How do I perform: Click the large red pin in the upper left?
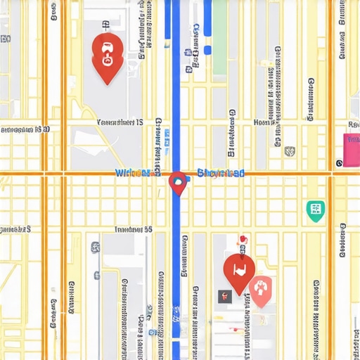click(x=108, y=55)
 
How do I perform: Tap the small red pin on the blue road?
click(x=178, y=182)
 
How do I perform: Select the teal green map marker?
click(x=316, y=210)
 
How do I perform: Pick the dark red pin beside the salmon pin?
click(x=238, y=270)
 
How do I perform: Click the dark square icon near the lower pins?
click(x=224, y=296)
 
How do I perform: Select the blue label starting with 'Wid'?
click(x=136, y=173)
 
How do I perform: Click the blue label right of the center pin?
click(x=221, y=173)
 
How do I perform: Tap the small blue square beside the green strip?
click(x=207, y=50)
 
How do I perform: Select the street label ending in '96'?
click(x=133, y=229)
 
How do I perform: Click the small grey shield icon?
click(x=288, y=150)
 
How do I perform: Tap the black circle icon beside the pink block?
click(x=340, y=163)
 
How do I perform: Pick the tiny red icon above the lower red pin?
click(x=243, y=240)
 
